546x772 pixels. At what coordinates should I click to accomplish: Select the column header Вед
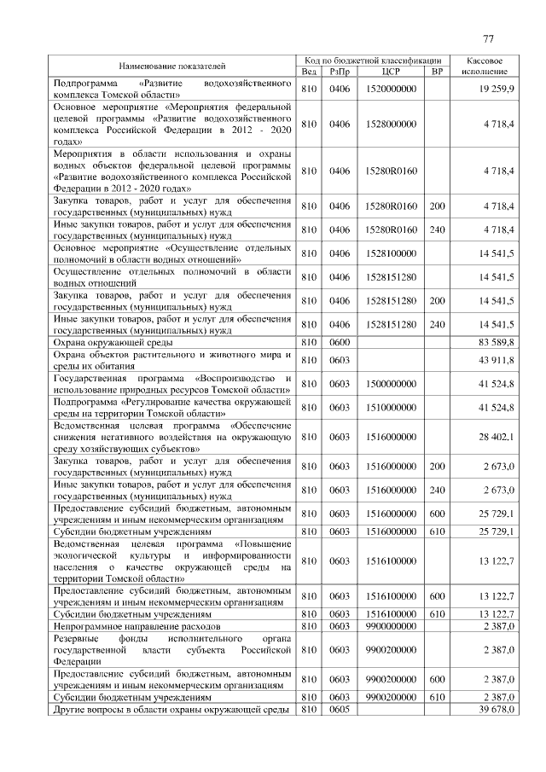click(309, 72)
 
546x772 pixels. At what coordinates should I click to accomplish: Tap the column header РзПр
click(340, 72)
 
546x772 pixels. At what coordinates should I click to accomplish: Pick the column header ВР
click(437, 72)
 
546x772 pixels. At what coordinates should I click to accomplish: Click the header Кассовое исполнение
click(486, 67)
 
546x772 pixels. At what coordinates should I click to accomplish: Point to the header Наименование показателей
click(172, 66)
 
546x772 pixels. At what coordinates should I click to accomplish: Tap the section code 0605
click(340, 710)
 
